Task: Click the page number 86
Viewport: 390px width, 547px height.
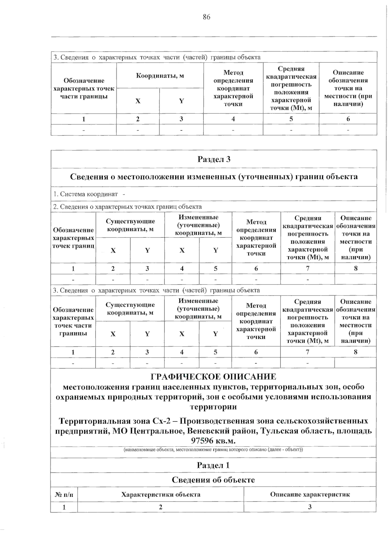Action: pos(206,17)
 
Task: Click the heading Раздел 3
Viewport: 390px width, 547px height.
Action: pos(214,159)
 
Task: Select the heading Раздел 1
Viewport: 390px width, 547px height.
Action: pos(213,465)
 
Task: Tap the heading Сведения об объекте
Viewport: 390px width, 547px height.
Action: pos(213,480)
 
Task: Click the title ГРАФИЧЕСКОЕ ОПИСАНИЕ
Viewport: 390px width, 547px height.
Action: pos(214,377)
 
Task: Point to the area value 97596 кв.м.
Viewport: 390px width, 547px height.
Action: pos(214,441)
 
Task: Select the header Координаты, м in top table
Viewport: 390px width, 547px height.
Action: pos(160,76)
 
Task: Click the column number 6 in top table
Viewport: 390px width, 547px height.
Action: pos(348,119)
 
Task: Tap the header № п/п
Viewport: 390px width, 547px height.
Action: pos(64,495)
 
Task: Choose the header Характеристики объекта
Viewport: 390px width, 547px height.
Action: pos(161,495)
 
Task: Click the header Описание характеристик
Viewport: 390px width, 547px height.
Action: pos(310,495)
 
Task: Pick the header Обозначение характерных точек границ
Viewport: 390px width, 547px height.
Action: pos(73,238)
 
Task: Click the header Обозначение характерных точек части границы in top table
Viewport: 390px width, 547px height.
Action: pos(84,88)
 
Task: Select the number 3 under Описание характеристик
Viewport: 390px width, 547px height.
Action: pos(310,507)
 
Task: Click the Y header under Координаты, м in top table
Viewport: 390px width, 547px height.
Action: pos(181,101)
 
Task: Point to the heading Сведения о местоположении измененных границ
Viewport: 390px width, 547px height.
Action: pos(214,177)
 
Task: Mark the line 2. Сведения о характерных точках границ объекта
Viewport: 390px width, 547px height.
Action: pos(127,207)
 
